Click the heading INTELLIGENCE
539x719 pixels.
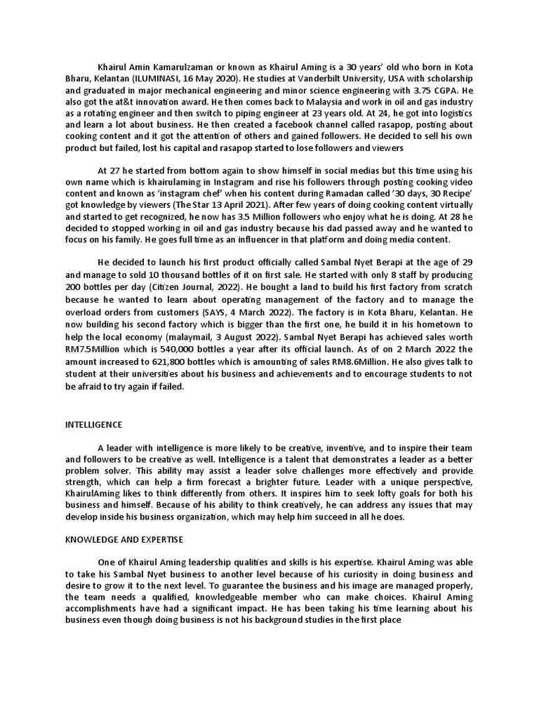pyautogui.click(x=94, y=425)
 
